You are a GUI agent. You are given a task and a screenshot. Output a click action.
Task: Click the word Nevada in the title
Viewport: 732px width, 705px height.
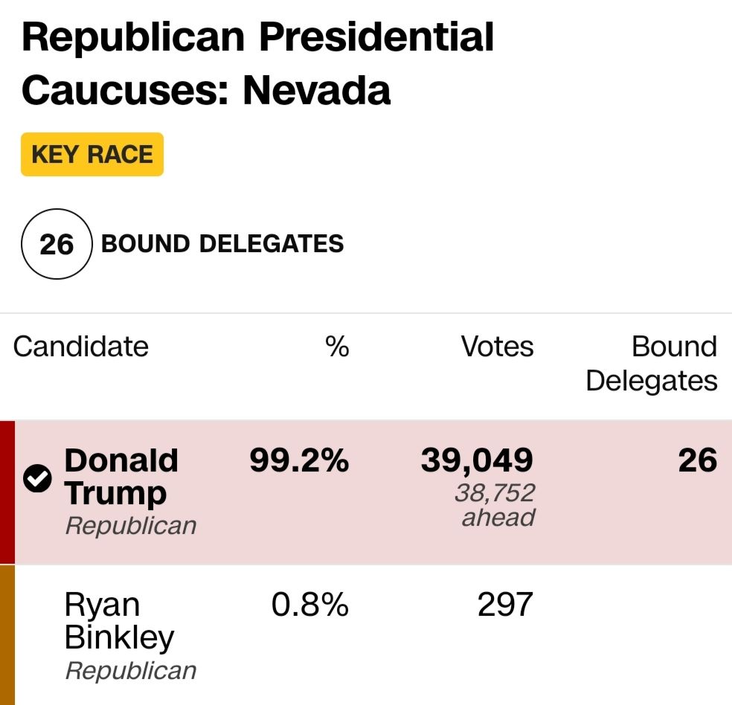click(x=316, y=89)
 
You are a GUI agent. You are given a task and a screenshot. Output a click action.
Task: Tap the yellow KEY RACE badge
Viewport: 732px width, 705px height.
click(x=91, y=155)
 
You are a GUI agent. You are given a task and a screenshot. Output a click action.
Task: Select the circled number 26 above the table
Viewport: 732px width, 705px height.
click(x=57, y=244)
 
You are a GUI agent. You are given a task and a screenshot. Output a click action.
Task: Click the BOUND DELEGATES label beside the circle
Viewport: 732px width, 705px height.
click(x=222, y=244)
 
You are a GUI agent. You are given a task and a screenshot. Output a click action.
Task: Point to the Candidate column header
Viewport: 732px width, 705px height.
click(x=80, y=347)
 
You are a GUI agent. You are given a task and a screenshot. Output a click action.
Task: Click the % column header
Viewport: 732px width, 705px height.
click(x=337, y=347)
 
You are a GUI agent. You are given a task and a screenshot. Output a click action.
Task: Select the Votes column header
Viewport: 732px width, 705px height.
click(x=497, y=347)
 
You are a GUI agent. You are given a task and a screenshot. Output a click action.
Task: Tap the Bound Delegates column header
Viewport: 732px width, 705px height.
click(x=652, y=364)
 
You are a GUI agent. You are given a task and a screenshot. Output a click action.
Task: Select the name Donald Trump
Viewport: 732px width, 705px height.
click(x=121, y=477)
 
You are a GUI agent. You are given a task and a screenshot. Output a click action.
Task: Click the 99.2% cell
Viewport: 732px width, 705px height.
click(x=298, y=461)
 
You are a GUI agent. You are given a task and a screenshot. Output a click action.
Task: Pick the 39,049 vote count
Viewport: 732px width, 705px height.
click(x=477, y=461)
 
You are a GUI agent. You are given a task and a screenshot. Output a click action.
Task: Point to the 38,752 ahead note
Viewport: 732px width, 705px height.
click(x=495, y=504)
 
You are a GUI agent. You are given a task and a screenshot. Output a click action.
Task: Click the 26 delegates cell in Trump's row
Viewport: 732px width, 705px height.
click(x=697, y=461)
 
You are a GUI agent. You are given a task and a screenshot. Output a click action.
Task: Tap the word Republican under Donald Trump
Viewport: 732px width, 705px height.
click(x=131, y=526)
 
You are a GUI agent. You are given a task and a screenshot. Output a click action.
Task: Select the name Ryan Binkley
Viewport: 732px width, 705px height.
click(x=119, y=621)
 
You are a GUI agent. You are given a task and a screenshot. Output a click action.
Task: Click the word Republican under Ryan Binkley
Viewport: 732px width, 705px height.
click(x=131, y=670)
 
